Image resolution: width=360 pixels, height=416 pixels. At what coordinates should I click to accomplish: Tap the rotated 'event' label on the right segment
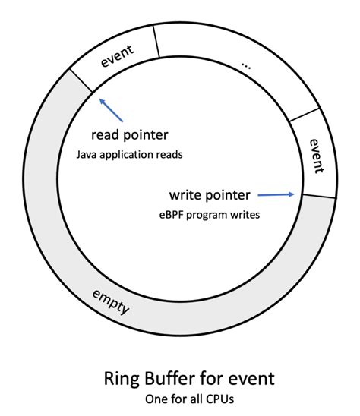[317, 155]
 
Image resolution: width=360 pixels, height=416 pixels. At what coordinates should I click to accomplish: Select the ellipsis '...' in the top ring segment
[245, 65]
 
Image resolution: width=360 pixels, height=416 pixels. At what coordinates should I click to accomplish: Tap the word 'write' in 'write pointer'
[190, 195]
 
